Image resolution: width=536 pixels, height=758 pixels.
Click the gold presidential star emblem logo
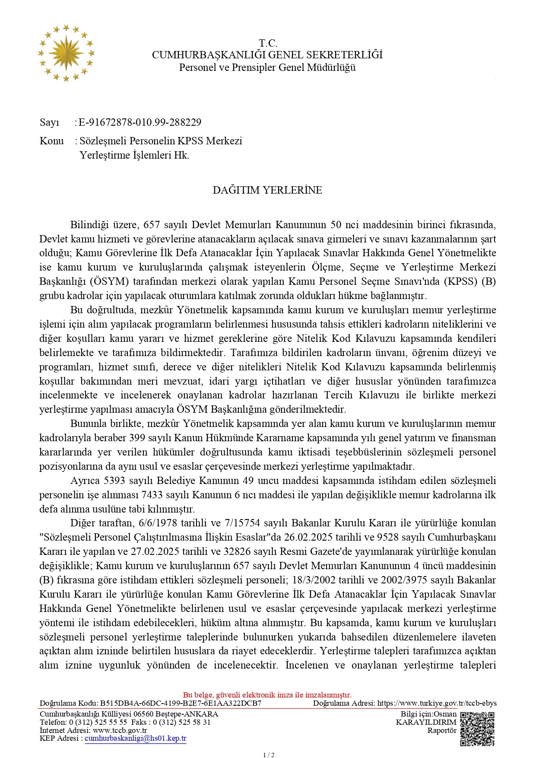tap(66, 53)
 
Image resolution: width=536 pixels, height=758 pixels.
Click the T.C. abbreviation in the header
tap(268, 43)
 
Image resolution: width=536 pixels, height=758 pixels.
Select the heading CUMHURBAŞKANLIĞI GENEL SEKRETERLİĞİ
tap(267, 55)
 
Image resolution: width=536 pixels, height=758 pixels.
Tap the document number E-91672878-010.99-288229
tap(140, 122)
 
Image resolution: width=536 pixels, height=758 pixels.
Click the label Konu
tap(51, 141)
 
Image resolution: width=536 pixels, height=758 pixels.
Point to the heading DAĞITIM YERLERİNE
tap(267, 190)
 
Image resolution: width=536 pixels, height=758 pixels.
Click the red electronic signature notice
tap(267, 695)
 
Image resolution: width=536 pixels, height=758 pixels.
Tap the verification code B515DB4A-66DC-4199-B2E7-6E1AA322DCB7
tap(181, 703)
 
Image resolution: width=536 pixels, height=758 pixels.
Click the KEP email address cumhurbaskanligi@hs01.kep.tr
tap(136, 738)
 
